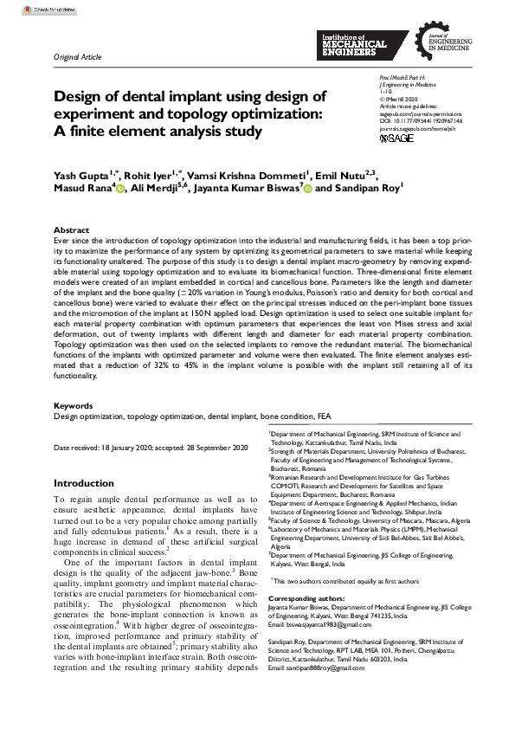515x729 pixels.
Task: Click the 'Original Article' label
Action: [x=77, y=57]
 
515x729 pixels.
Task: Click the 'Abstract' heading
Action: [x=71, y=230]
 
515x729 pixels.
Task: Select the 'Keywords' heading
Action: [x=74, y=405]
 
